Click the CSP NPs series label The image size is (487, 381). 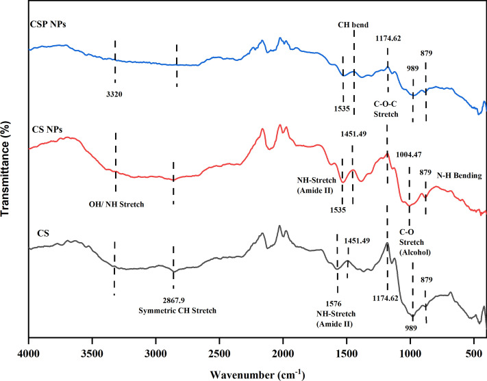click(x=51, y=25)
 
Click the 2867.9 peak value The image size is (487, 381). click(x=173, y=300)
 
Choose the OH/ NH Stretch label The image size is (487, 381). click(x=115, y=202)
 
